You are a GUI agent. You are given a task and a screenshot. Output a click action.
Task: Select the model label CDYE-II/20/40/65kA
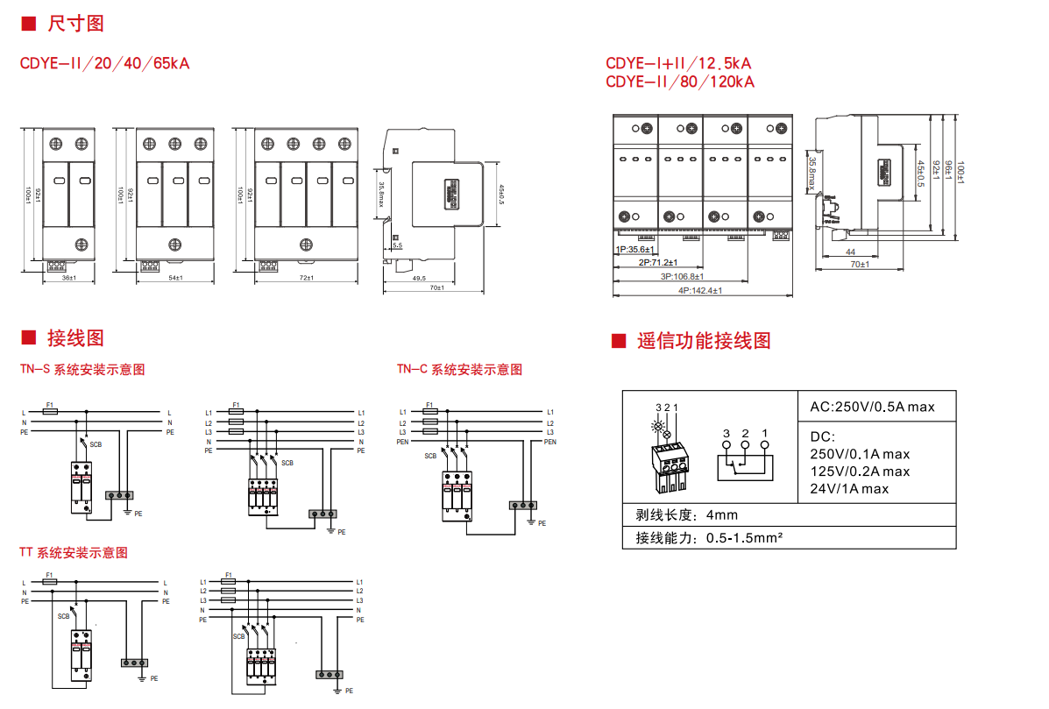point(104,63)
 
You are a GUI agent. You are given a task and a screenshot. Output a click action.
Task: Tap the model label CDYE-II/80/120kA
point(679,82)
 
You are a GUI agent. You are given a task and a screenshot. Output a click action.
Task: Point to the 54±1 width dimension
point(175,279)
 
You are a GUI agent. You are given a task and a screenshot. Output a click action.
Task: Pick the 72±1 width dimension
point(307,279)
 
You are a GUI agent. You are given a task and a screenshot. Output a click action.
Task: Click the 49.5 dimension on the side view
point(418,279)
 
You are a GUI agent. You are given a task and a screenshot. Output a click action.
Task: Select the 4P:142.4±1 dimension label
point(699,291)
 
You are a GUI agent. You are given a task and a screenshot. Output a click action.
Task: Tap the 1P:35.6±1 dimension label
point(634,250)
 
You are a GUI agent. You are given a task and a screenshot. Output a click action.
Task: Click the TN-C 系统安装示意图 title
point(459,370)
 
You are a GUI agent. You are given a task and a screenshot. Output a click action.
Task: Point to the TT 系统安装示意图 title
point(74,553)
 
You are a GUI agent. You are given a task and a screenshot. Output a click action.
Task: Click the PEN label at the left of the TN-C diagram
point(403,442)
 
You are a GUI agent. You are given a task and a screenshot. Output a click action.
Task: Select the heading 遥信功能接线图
point(704,341)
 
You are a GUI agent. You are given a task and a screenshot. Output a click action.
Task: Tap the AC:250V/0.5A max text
point(872,407)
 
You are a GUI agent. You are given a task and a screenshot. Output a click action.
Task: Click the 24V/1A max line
point(848,488)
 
